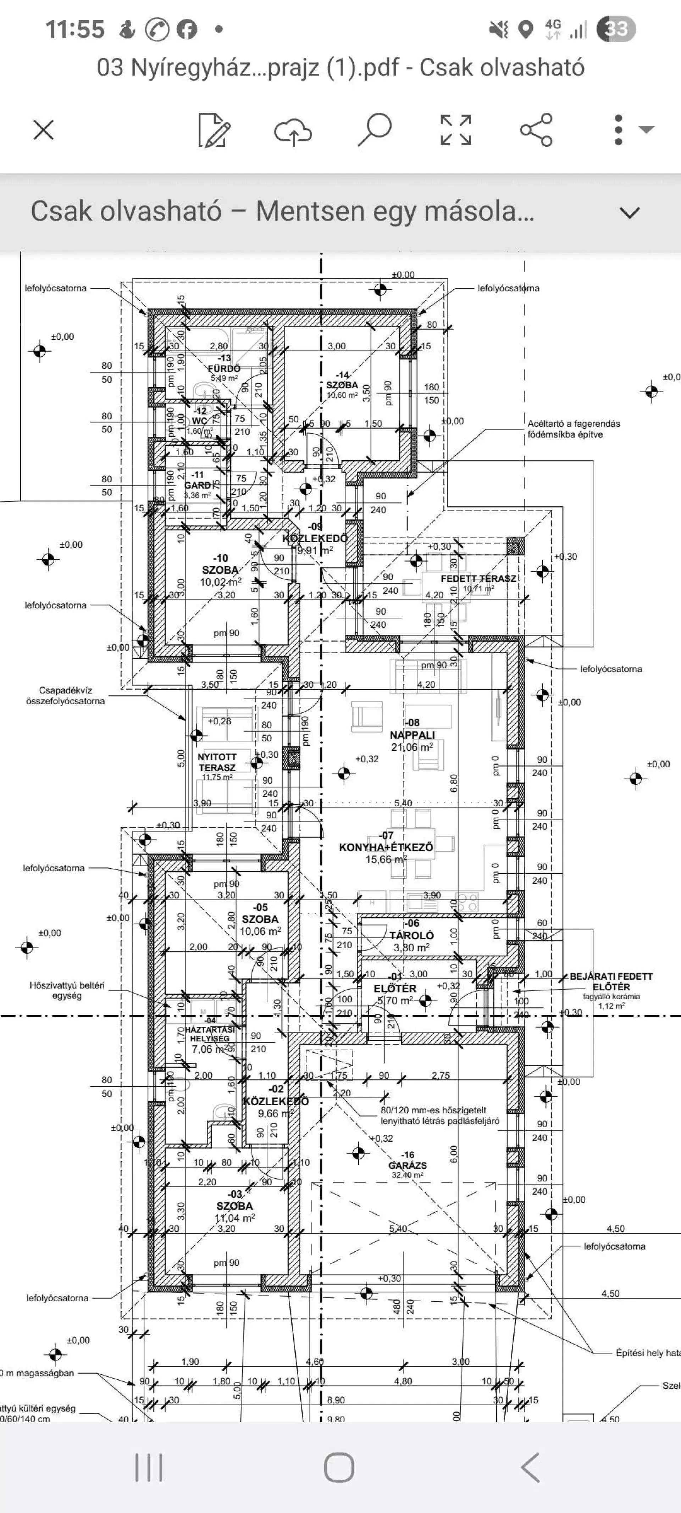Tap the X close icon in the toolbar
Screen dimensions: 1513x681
(44, 130)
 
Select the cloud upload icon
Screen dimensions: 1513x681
(293, 130)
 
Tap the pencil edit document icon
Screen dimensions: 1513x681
(214, 130)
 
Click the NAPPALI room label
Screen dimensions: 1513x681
(413, 735)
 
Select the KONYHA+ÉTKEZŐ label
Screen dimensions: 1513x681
(386, 847)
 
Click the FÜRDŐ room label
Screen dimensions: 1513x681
(224, 368)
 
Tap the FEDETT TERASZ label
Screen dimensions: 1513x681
(478, 579)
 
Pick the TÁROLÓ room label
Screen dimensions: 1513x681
(411, 935)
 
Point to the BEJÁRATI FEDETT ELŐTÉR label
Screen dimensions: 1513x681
(611, 981)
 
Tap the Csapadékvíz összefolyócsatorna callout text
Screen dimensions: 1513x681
(65, 695)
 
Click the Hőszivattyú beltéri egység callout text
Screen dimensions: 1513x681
(67, 990)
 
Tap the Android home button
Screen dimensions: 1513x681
(340, 1468)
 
